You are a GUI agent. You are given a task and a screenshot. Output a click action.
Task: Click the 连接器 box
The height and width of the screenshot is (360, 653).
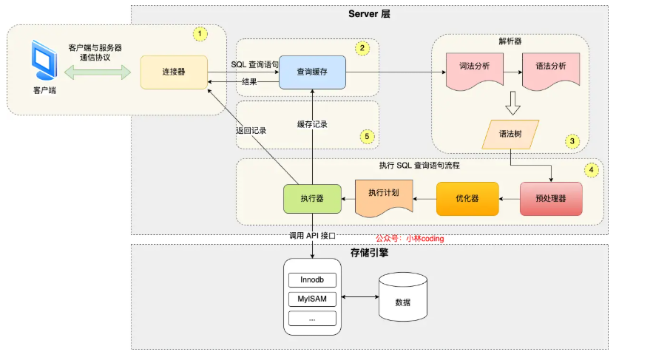[x=173, y=72]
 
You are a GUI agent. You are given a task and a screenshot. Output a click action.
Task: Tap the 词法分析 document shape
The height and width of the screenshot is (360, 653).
[x=476, y=68]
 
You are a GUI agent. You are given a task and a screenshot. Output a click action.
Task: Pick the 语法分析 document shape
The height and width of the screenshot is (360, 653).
[x=551, y=68]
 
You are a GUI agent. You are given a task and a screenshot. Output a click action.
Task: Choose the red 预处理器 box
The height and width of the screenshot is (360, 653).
[x=551, y=199]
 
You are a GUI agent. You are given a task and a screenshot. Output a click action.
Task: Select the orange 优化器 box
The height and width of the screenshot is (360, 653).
[x=467, y=199]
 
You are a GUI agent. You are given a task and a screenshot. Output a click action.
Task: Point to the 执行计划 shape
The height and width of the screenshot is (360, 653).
[x=383, y=196]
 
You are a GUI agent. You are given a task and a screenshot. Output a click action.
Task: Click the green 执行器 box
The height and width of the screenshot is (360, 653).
[x=312, y=199]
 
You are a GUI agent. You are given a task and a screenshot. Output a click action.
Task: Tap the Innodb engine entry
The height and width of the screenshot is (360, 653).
[x=312, y=280]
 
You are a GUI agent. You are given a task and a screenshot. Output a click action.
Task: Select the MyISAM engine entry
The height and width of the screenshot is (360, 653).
[x=312, y=299]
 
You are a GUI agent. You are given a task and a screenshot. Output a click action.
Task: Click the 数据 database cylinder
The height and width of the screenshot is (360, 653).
[x=402, y=299]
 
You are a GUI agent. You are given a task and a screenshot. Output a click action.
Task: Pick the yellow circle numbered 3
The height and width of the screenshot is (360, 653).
[x=571, y=139]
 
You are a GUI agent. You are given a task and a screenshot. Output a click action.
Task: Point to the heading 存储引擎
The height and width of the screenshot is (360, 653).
[x=369, y=253]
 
